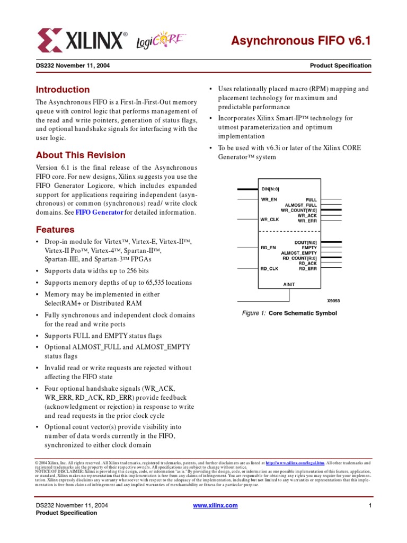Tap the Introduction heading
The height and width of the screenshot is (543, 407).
click(63, 90)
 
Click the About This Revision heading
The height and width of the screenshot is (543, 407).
click(81, 155)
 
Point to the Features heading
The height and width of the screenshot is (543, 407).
click(55, 230)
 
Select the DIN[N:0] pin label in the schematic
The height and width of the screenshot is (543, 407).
click(270, 189)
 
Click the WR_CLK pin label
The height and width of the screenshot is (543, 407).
click(269, 219)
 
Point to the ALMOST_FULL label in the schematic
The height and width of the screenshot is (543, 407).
click(301, 205)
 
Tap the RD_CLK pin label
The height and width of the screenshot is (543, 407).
click(269, 268)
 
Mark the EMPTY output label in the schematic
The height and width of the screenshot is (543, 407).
click(309, 248)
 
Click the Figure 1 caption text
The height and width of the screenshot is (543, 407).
click(289, 313)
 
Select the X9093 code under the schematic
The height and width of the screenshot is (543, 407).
click(332, 300)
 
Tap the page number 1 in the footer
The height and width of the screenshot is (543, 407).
click(369, 505)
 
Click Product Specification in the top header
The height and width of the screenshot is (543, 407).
click(340, 66)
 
